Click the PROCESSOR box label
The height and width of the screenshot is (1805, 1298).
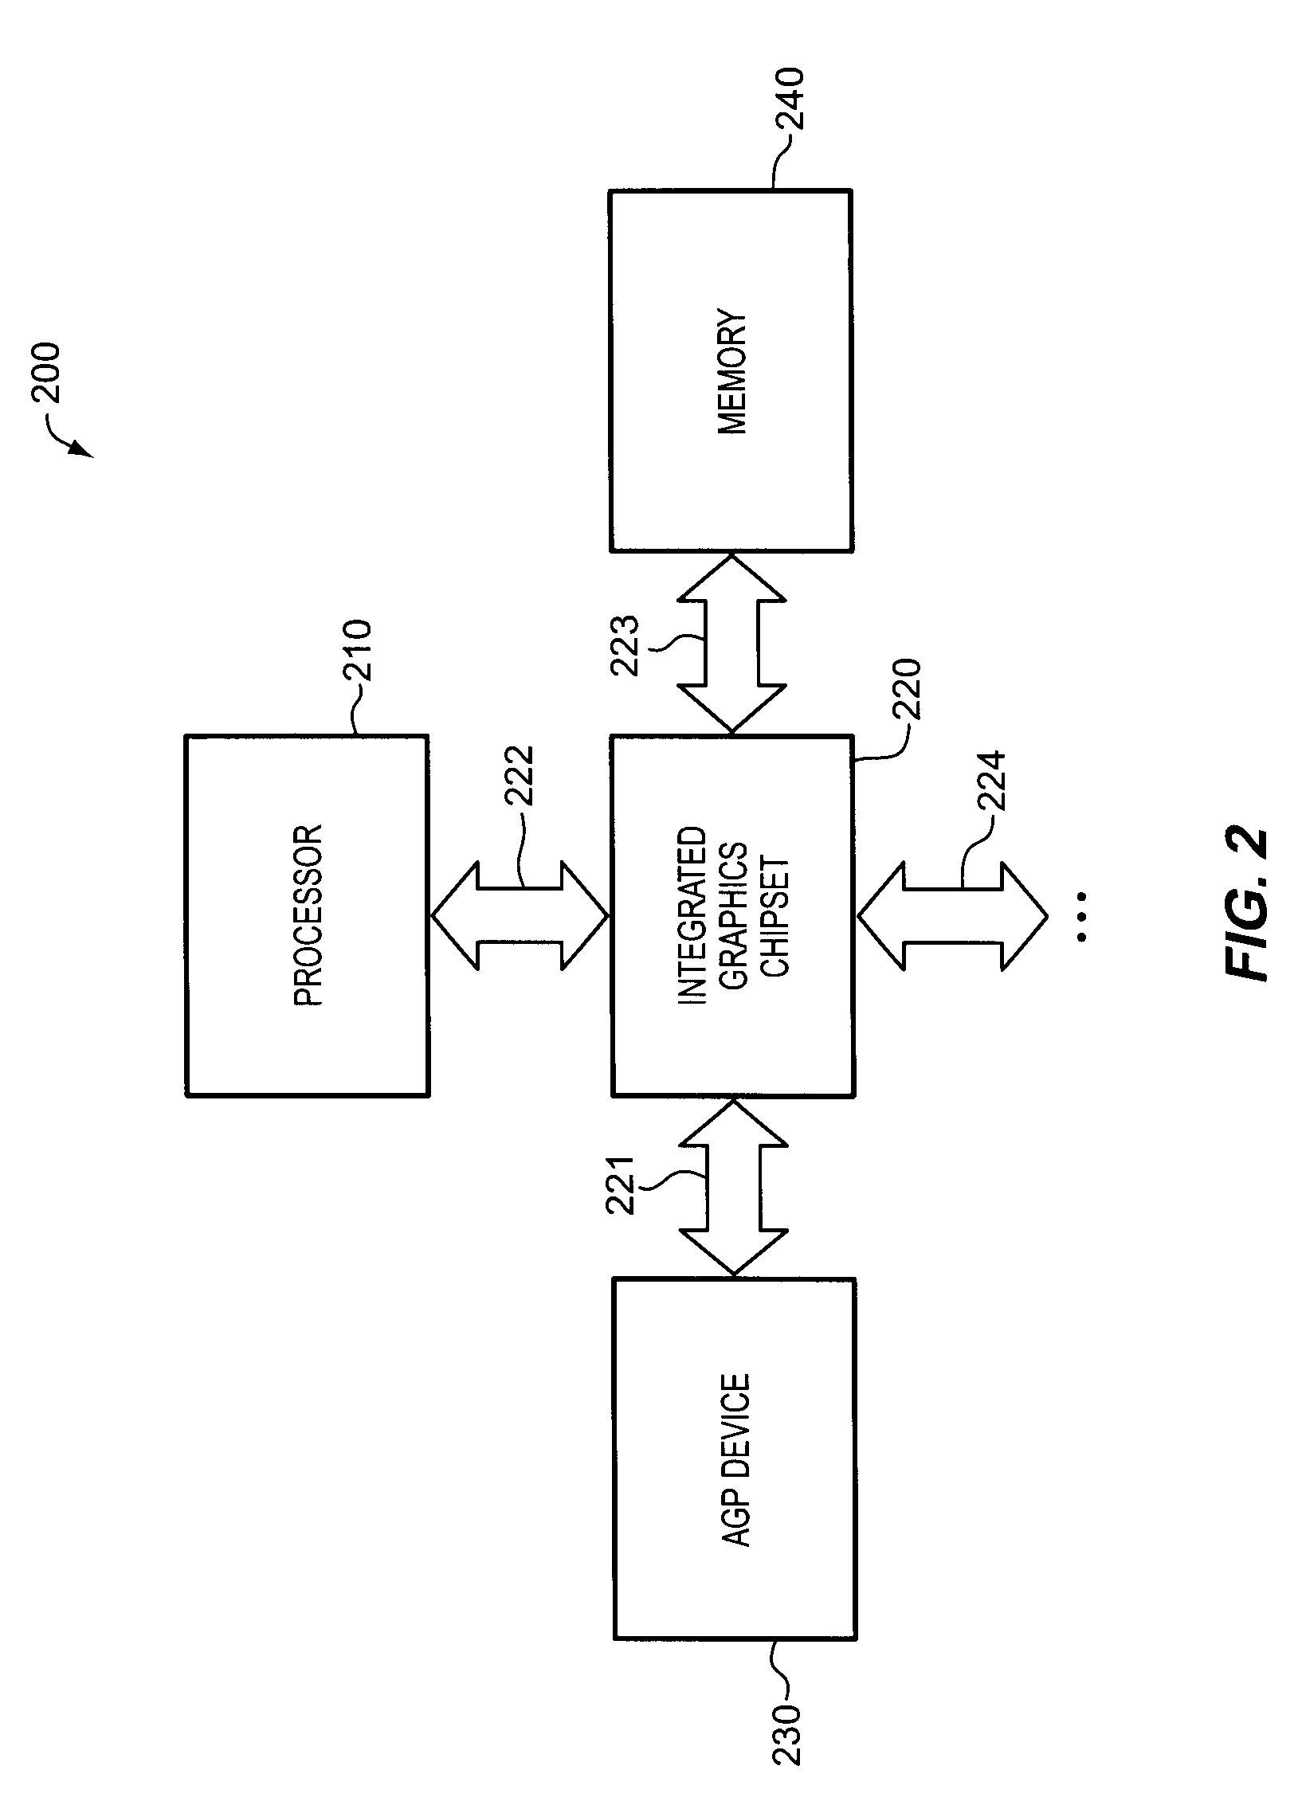point(308,915)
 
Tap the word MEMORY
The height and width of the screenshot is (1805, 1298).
point(732,372)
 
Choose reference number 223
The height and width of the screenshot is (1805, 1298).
point(624,645)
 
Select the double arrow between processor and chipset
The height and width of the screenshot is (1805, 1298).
point(520,915)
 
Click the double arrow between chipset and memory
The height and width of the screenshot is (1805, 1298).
point(731,644)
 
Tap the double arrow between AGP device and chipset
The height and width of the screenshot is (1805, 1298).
point(732,1188)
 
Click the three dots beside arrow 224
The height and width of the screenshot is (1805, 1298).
point(1081,917)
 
